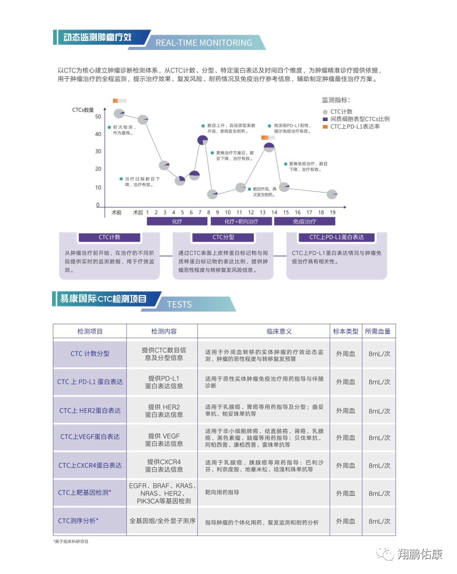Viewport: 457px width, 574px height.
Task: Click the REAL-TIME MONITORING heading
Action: tap(203, 42)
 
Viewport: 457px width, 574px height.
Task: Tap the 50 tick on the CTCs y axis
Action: tap(98, 117)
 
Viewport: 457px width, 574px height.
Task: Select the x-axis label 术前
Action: tap(116, 212)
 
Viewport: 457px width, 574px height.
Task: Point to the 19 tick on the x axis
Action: tap(332, 212)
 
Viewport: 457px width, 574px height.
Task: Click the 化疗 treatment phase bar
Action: tap(177, 222)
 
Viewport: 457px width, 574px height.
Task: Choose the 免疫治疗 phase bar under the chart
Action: tap(304, 222)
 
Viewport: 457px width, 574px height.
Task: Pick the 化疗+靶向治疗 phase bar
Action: tap(241, 222)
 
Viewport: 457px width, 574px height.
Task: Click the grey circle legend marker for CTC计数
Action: tap(325, 112)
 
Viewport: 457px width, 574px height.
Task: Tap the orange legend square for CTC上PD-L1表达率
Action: tap(325, 127)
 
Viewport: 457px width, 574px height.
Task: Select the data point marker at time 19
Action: tap(332, 194)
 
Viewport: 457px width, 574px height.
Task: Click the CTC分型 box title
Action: tap(223, 237)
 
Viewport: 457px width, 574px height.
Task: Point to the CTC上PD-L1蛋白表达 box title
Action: tap(336, 237)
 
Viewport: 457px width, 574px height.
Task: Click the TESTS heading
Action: tap(179, 304)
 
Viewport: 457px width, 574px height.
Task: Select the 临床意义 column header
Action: tap(279, 331)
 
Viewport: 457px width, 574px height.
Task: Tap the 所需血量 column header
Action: tap(377, 331)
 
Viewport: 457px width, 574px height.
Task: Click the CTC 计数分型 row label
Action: tap(90, 353)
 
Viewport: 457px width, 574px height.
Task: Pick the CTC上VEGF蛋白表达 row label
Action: tap(90, 437)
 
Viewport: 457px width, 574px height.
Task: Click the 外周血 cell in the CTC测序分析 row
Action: tap(345, 521)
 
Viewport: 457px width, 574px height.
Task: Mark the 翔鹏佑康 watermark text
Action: tap(420, 554)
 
